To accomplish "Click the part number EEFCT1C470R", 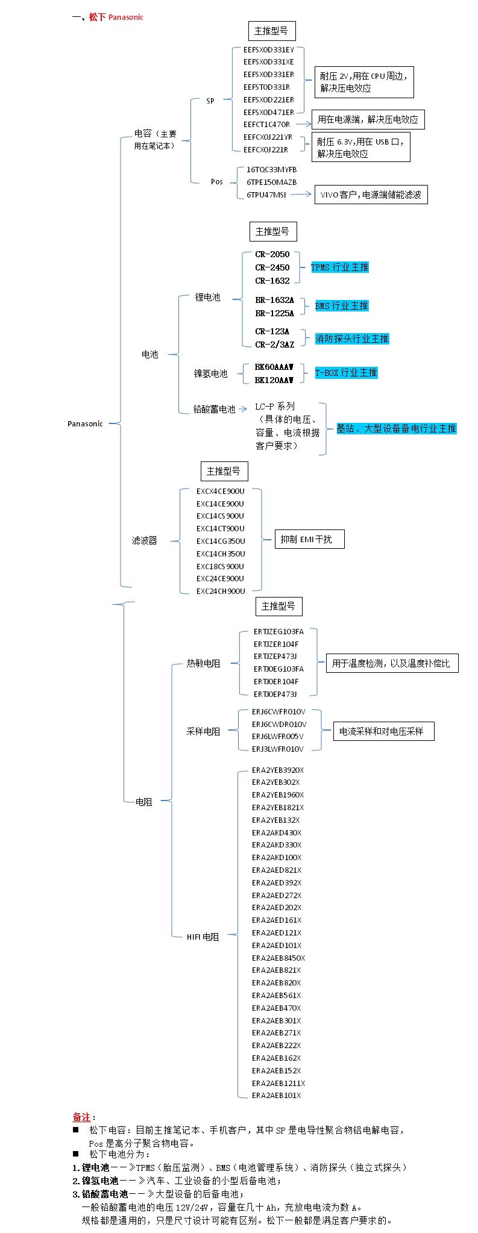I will click(x=266, y=124).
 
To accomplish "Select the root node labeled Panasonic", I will click(x=85, y=423).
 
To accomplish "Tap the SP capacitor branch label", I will click(x=210, y=101).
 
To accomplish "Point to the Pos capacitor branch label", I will click(x=216, y=181).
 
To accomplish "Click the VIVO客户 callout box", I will click(x=371, y=195).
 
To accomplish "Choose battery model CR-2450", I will click(x=272, y=267).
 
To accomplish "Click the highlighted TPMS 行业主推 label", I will click(x=339, y=267).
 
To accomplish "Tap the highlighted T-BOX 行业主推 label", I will click(x=346, y=373).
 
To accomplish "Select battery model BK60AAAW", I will click(x=274, y=367).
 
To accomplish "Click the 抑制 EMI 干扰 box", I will click(x=310, y=539).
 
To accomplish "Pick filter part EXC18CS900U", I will click(x=220, y=566).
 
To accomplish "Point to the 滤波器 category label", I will click(x=145, y=540).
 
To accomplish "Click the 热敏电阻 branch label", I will click(x=203, y=663).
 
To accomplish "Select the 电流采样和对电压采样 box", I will click(x=383, y=731).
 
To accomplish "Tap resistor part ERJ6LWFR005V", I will click(x=277, y=736).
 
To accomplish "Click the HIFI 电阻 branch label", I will click(x=203, y=937).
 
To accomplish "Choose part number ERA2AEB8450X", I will click(x=278, y=958).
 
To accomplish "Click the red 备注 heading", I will click(x=81, y=1117).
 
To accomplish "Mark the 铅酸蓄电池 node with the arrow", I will click(x=214, y=409).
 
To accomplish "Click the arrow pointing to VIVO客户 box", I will click(x=301, y=195).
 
